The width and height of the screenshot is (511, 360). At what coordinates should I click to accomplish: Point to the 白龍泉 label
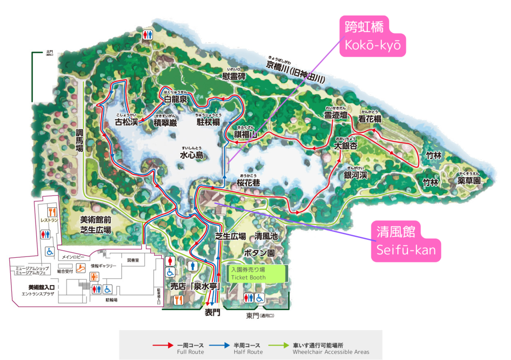pyautogui.click(x=176, y=99)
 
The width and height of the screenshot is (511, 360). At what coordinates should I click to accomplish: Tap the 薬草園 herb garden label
pyautogui.click(x=469, y=181)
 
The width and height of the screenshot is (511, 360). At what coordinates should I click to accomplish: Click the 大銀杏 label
pyautogui.click(x=345, y=146)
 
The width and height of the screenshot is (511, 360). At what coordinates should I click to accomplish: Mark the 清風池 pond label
pyautogui.click(x=266, y=236)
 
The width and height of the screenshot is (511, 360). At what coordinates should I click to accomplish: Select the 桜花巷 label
pyautogui.click(x=249, y=182)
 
